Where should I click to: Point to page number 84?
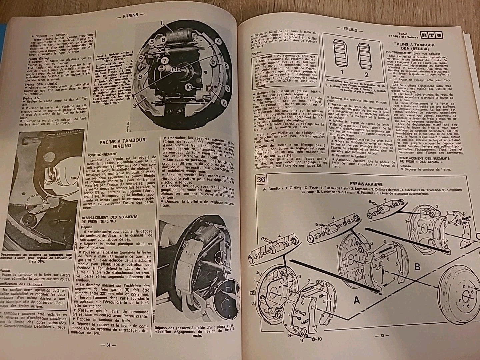pyautogui.click(x=108, y=345)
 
